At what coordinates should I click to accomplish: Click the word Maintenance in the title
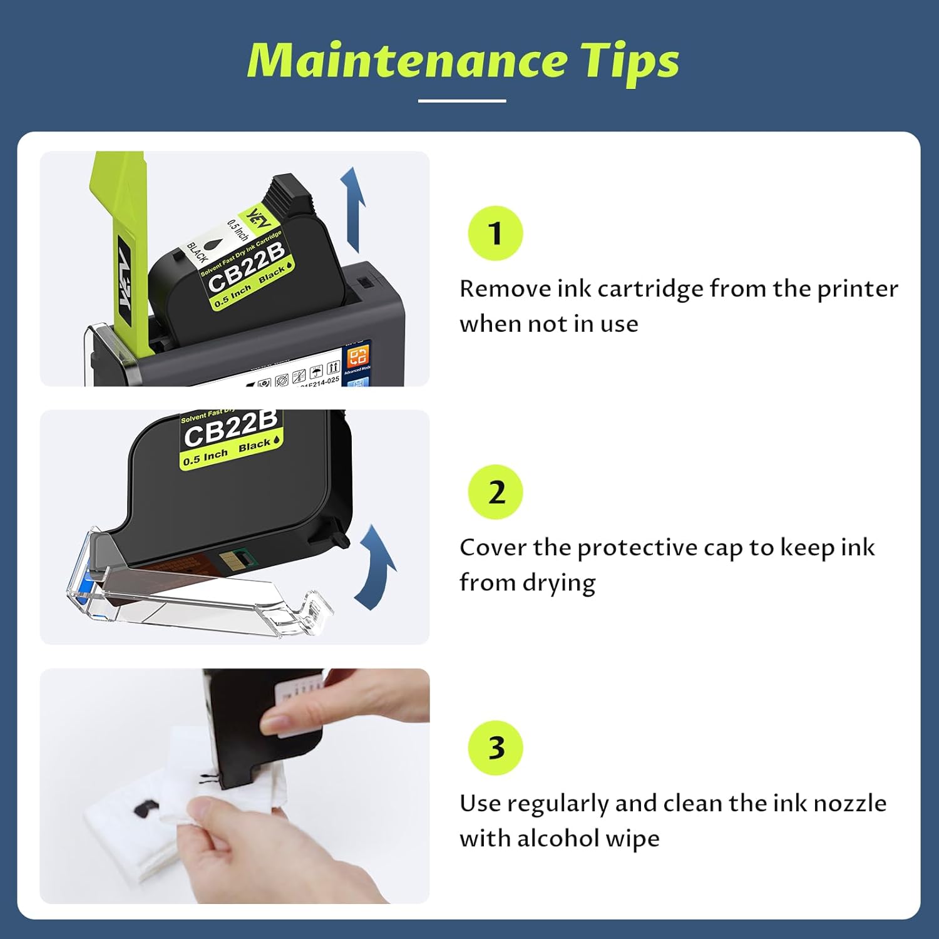407,61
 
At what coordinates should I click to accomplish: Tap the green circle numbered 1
495,233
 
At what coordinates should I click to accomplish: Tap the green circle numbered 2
495,492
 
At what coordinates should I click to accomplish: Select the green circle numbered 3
495,748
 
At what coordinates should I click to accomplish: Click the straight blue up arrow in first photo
354,210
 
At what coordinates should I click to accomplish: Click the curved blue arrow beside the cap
376,567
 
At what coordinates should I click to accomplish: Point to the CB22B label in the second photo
230,429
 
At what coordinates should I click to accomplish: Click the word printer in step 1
857,289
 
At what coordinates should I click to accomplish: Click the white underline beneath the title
462,100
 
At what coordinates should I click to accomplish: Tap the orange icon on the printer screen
358,356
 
